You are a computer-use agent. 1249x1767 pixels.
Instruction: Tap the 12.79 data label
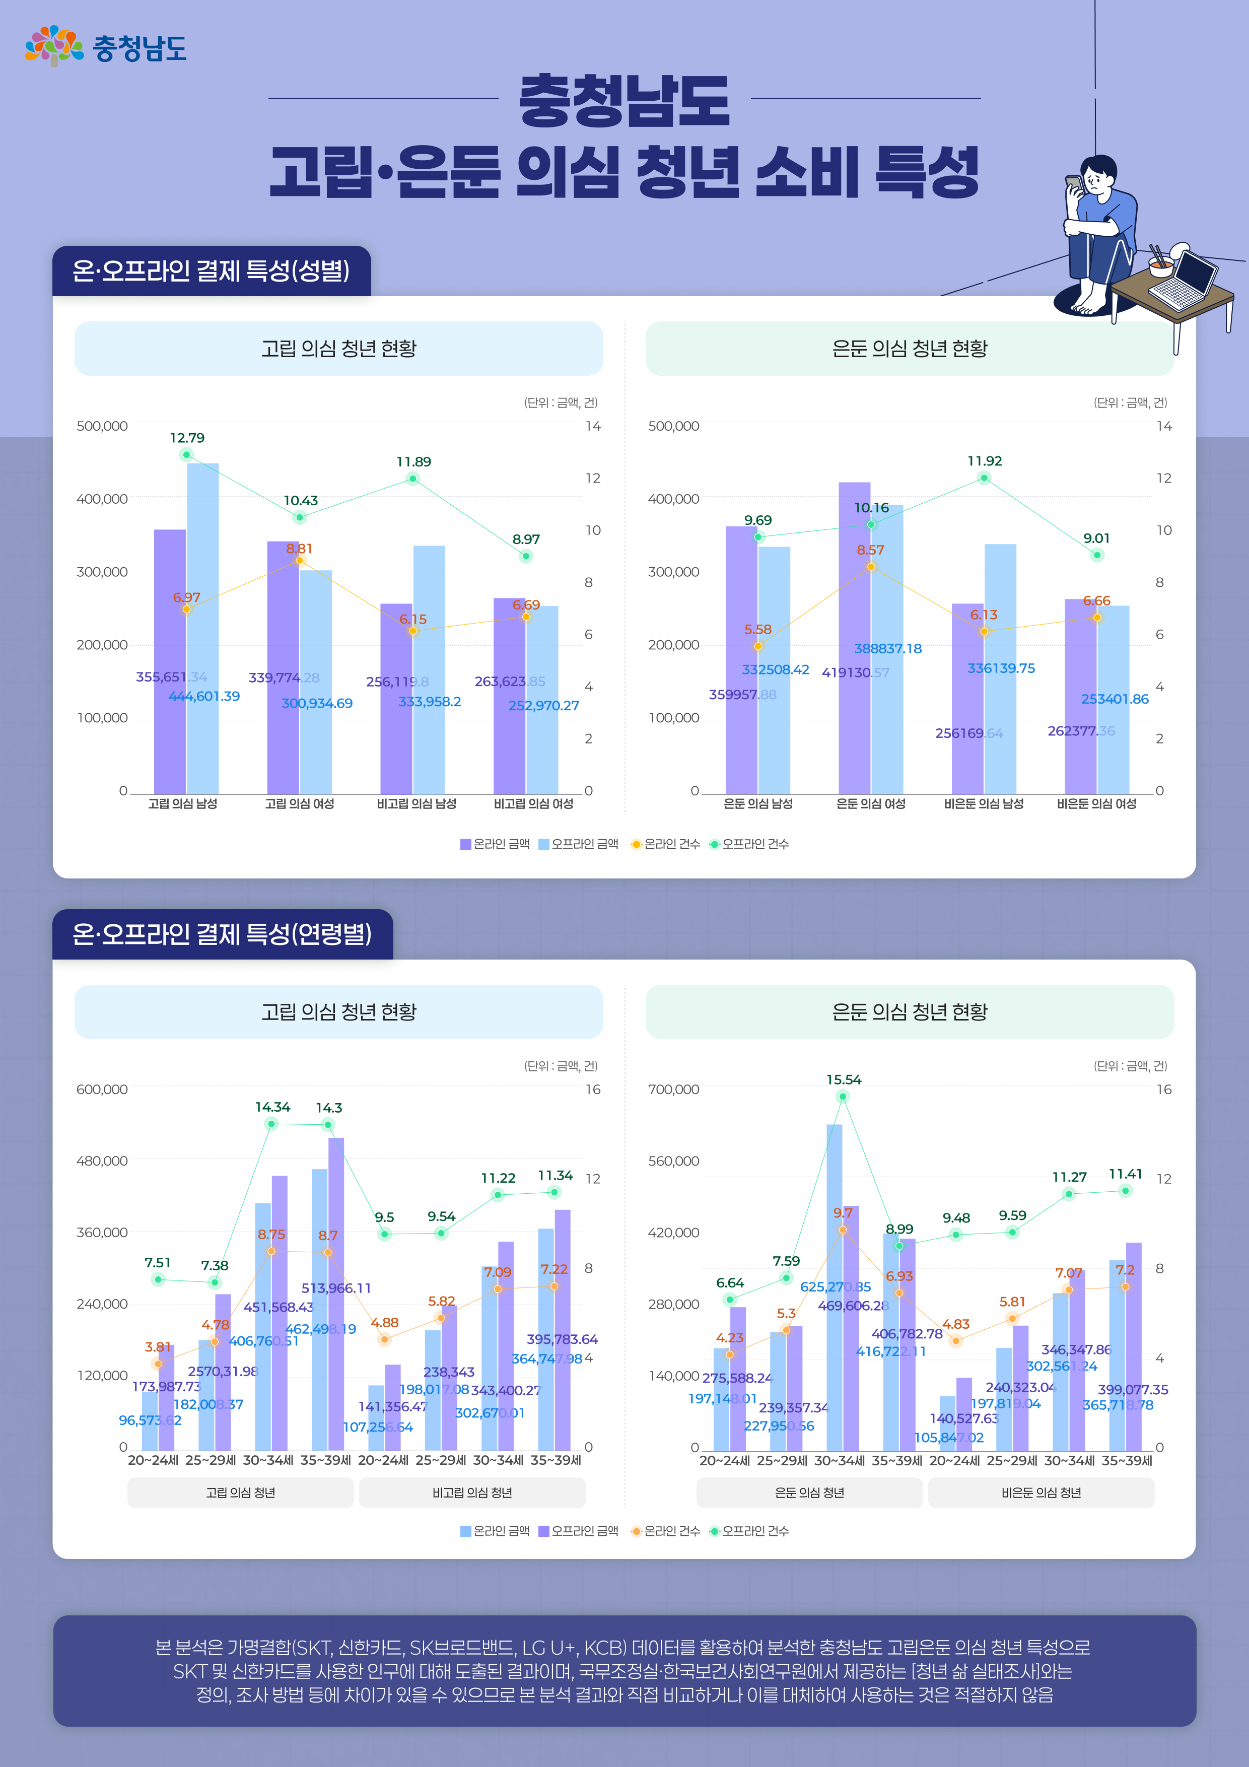(x=187, y=438)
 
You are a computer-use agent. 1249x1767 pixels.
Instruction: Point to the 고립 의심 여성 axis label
(x=299, y=803)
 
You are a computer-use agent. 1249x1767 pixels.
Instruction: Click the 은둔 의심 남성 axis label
(x=758, y=803)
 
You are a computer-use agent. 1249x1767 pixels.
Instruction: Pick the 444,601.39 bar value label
(x=204, y=696)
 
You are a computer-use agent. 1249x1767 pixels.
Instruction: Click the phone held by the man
(x=1073, y=185)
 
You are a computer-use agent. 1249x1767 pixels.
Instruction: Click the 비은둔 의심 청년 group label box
(x=1041, y=1492)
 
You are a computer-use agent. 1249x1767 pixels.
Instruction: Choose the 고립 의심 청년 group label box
(x=240, y=1492)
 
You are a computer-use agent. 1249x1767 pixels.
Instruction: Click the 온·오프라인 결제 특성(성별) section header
(x=212, y=271)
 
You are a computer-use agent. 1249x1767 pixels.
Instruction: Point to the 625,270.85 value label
(x=835, y=1287)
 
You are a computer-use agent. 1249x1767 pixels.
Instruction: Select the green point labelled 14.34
(x=271, y=1124)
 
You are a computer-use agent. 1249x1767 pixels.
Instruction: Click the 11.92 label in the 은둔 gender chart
(x=984, y=461)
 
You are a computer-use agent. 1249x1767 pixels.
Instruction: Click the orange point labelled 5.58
(x=758, y=646)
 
